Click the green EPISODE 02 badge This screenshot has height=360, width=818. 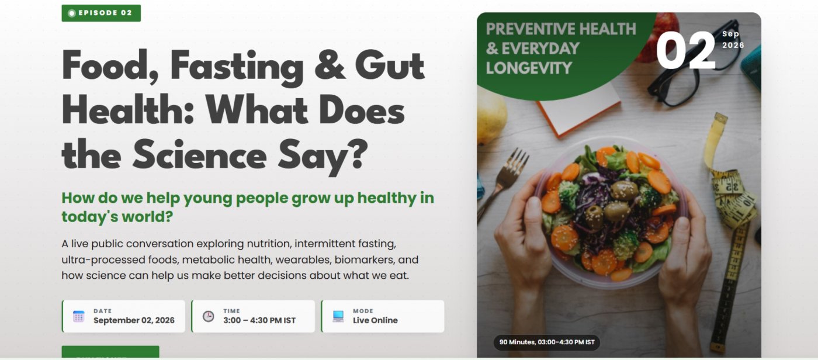coord(101,13)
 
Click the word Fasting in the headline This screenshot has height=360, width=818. coord(237,68)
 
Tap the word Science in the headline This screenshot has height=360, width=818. coord(199,156)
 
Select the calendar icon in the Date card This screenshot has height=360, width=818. coord(78,317)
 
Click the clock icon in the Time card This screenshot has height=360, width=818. coord(208,317)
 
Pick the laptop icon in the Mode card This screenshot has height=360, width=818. coord(338,316)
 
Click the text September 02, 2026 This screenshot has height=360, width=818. coord(134,320)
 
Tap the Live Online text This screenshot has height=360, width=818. coord(375,320)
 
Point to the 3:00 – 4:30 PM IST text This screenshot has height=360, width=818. coord(259,320)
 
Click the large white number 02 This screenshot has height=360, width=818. coord(685,50)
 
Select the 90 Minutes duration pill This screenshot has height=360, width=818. coord(547,342)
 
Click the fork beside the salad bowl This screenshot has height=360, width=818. coord(504,182)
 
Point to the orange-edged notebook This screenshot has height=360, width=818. coord(579,109)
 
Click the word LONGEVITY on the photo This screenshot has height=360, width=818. coord(529,68)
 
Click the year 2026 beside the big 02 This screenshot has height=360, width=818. coord(733,45)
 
